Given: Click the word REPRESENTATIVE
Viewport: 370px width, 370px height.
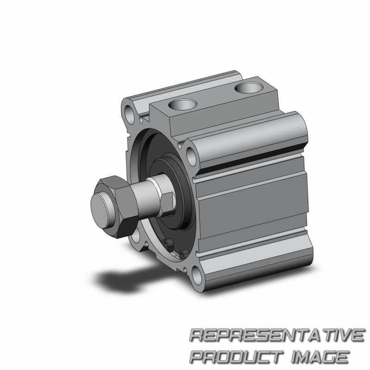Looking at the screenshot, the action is (277, 335).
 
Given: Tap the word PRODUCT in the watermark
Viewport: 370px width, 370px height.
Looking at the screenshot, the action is (237, 357).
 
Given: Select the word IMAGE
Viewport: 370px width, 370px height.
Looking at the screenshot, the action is (320, 357).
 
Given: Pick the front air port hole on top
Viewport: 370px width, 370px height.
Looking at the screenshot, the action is (183, 105).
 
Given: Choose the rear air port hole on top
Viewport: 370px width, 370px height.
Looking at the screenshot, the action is (249, 87).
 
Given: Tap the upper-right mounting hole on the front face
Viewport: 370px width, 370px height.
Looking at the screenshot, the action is (191, 156).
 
